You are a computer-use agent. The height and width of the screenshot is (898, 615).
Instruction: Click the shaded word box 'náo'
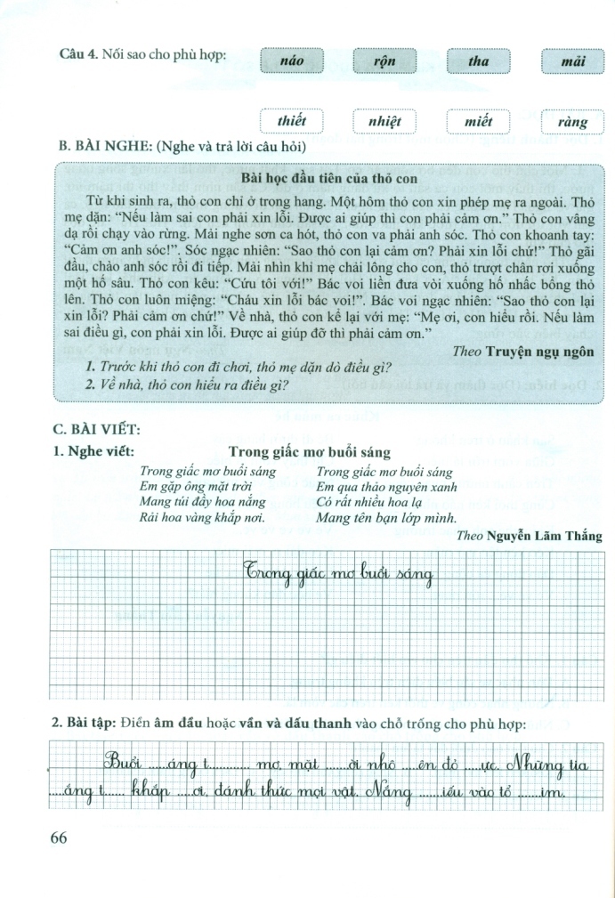tap(291, 62)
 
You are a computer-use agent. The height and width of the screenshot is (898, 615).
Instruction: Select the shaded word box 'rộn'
tap(384, 62)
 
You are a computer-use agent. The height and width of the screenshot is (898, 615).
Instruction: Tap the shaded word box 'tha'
tap(478, 62)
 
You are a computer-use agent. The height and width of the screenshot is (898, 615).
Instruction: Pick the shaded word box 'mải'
tap(572, 62)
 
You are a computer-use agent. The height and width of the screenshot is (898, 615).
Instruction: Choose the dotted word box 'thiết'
tap(291, 121)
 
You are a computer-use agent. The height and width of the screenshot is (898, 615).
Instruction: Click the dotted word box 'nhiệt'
tap(384, 121)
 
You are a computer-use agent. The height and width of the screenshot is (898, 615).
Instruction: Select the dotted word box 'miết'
tap(478, 121)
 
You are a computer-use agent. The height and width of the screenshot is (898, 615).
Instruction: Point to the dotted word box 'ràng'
tap(572, 121)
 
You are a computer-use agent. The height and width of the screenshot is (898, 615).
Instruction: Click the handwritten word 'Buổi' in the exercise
tap(124, 763)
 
